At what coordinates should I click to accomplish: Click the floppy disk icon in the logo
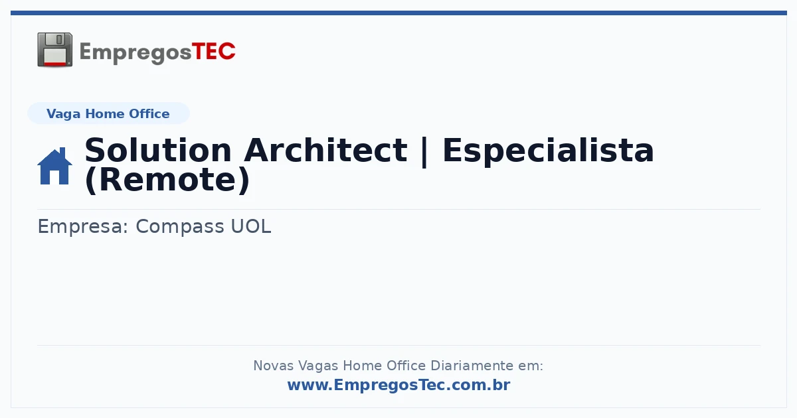pyautogui.click(x=54, y=49)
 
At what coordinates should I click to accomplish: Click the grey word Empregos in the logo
pyautogui.click(x=135, y=53)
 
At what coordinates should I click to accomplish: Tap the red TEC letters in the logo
pyautogui.click(x=213, y=51)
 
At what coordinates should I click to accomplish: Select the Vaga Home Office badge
pyautogui.click(x=108, y=113)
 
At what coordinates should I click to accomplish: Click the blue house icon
pyautogui.click(x=54, y=167)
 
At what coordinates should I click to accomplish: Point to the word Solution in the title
pyautogui.click(x=158, y=151)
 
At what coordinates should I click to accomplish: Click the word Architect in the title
pyautogui.click(x=325, y=151)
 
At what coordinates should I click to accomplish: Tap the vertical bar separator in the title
pyautogui.click(x=424, y=152)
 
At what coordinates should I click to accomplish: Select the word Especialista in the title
pyautogui.click(x=548, y=151)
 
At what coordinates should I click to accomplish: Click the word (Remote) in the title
pyautogui.click(x=167, y=180)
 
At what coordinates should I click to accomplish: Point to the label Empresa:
pyautogui.click(x=83, y=227)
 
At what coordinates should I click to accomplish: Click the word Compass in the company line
pyautogui.click(x=180, y=227)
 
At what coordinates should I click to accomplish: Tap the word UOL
pyautogui.click(x=251, y=226)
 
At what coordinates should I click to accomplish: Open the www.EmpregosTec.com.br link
pyautogui.click(x=399, y=385)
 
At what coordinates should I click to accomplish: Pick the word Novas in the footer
pyautogui.click(x=273, y=366)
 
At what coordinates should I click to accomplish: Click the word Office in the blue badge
pyautogui.click(x=149, y=113)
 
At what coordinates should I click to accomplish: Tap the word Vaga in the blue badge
pyautogui.click(x=63, y=114)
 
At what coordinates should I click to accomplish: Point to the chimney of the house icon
pyautogui.click(x=63, y=152)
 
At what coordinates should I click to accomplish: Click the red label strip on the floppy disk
pyautogui.click(x=54, y=63)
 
